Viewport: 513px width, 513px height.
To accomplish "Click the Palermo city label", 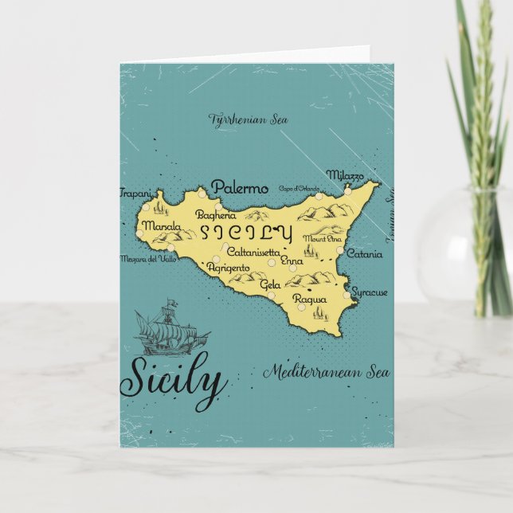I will click(x=239, y=189).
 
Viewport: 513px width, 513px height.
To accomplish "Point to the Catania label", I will click(x=364, y=255).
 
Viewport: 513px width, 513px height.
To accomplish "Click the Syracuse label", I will click(x=370, y=292).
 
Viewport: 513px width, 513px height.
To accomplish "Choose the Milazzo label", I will click(x=345, y=175).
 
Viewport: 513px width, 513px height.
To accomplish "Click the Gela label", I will click(x=270, y=284).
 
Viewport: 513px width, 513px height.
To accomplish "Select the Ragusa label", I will click(x=309, y=299).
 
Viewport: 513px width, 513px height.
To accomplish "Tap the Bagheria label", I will click(x=216, y=214).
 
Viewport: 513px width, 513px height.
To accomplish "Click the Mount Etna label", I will click(x=323, y=238).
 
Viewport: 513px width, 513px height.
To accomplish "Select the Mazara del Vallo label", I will click(x=147, y=258).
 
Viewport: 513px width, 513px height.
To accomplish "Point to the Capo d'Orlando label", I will click(x=299, y=189).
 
